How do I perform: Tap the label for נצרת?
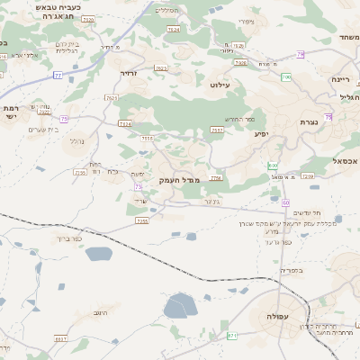click(308, 122)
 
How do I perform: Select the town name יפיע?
click(261, 134)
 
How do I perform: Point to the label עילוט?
click(220, 85)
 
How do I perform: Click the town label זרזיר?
click(127, 73)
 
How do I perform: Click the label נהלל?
click(76, 140)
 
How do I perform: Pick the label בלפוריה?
click(291, 270)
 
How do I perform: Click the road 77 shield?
click(58, 76)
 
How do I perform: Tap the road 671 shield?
click(231, 335)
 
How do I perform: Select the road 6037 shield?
click(60, 339)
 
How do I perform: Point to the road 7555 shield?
click(147, 139)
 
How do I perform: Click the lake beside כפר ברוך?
click(98, 255)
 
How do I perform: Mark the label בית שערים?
click(43, 130)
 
